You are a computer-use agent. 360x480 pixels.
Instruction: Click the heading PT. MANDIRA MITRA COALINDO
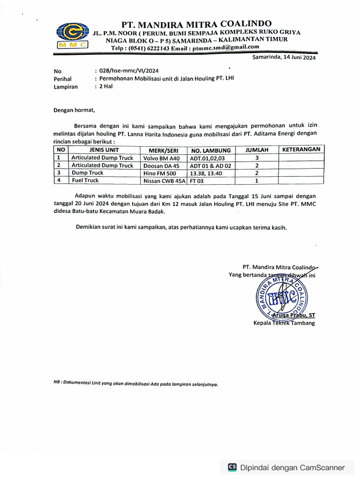(196, 24)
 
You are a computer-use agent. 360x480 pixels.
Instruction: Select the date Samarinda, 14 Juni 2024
(284, 58)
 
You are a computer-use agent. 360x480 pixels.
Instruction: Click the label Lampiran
(66, 87)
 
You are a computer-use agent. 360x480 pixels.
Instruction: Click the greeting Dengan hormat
(74, 111)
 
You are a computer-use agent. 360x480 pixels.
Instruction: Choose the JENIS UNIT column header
(101, 150)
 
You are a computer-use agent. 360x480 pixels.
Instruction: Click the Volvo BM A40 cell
(161, 158)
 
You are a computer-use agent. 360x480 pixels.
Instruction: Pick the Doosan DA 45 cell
(161, 165)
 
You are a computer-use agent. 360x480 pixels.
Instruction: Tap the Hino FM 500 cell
(160, 173)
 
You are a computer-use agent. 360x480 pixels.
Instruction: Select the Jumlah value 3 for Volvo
(257, 158)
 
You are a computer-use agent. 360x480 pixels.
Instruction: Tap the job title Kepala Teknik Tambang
(284, 323)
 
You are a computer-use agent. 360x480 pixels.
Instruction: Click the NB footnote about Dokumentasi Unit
(135, 383)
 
